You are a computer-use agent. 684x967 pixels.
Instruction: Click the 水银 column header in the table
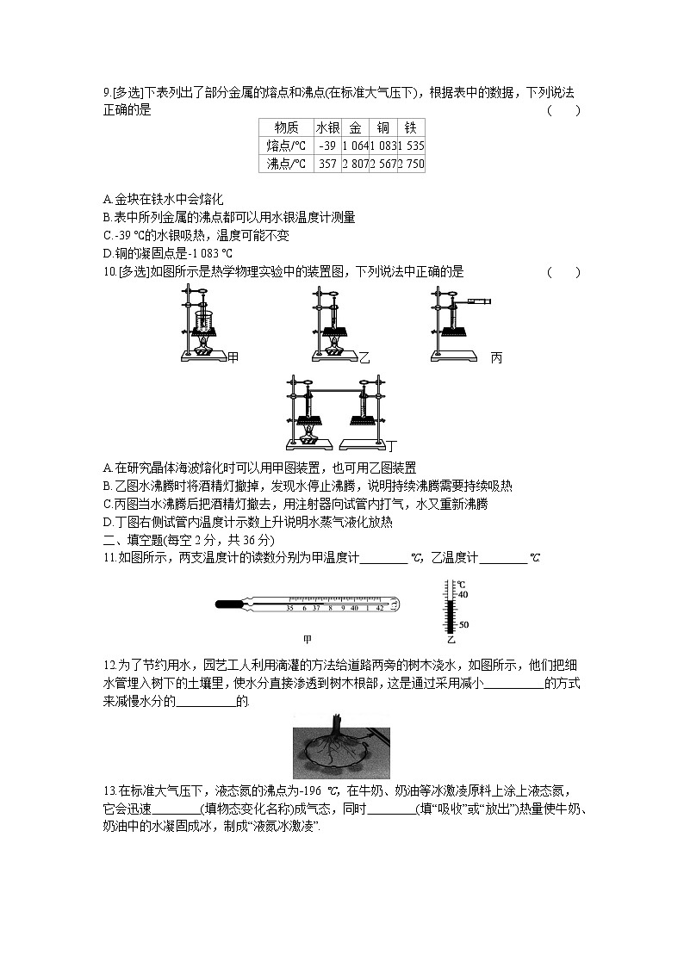pyautogui.click(x=327, y=127)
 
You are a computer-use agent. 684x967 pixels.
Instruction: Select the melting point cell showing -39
pyautogui.click(x=327, y=146)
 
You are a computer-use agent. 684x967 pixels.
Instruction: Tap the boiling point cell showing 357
pyautogui.click(x=327, y=164)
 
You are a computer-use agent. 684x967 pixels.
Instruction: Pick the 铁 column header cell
pyautogui.click(x=411, y=127)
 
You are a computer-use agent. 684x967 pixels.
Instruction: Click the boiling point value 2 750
pyautogui.click(x=411, y=164)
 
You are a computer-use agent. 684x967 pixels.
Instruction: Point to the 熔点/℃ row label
pyautogui.click(x=286, y=146)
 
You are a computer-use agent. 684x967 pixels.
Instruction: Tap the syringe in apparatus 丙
pyautogui.click(x=478, y=301)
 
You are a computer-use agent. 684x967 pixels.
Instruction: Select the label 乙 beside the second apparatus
pyautogui.click(x=364, y=357)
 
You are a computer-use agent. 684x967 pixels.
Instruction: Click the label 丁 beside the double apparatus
pyautogui.click(x=392, y=446)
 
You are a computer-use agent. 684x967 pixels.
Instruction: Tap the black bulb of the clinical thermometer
pyautogui.click(x=226, y=605)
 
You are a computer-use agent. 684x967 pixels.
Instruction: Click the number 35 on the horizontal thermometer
pyautogui.click(x=290, y=608)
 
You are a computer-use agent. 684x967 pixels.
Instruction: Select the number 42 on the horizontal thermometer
pyautogui.click(x=380, y=608)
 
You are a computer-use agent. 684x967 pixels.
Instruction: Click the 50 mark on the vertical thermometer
pyautogui.click(x=463, y=624)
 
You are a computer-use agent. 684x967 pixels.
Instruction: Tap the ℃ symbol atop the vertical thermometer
pyautogui.click(x=461, y=584)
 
